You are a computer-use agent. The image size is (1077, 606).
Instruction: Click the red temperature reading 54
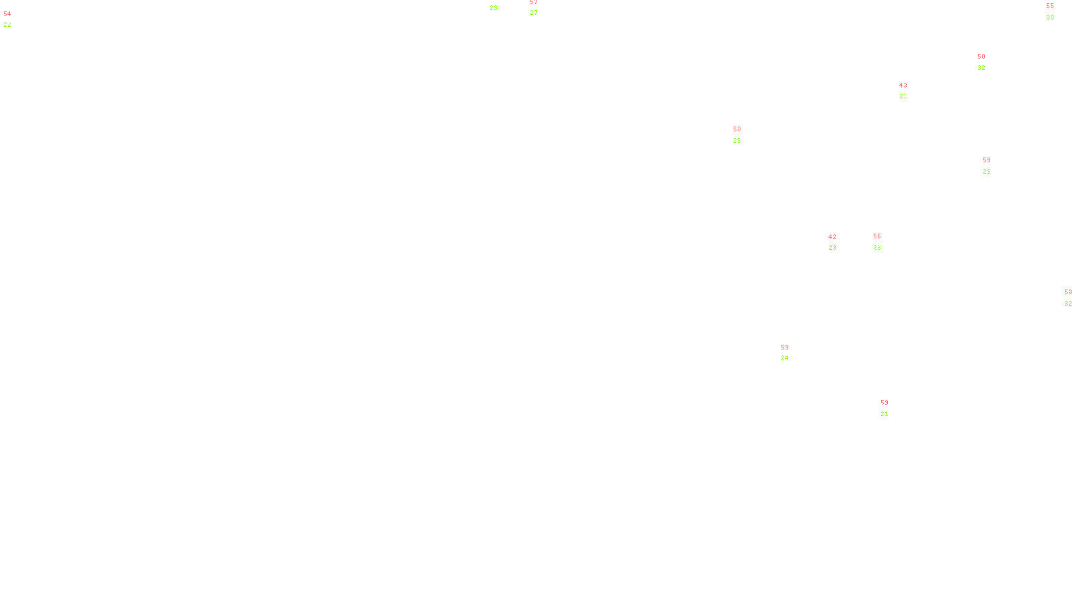7,14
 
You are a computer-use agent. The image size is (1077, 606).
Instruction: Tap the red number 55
1049,6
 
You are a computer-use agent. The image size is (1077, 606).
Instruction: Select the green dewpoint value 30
1049,18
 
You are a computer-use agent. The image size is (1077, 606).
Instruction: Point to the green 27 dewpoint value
533,13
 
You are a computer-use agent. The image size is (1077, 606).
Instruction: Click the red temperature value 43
903,86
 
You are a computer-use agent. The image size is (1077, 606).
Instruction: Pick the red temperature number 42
832,237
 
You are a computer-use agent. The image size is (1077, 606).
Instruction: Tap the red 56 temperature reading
876,236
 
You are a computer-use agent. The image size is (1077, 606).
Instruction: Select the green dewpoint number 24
784,358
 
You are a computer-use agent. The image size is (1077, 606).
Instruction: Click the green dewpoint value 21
884,414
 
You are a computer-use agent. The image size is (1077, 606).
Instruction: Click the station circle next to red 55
1056,12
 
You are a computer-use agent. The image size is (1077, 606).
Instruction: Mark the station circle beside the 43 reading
909,92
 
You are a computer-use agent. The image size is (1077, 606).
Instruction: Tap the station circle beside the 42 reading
839,242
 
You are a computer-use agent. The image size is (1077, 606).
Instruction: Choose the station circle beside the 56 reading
883,242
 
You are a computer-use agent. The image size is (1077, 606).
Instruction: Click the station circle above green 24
792,353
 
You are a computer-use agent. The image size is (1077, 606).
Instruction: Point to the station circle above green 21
891,409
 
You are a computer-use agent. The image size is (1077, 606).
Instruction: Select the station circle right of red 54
14,20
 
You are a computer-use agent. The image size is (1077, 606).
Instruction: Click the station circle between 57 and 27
540,7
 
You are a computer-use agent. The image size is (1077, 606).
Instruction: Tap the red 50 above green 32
981,57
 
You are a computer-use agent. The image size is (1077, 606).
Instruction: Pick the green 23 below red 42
832,248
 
